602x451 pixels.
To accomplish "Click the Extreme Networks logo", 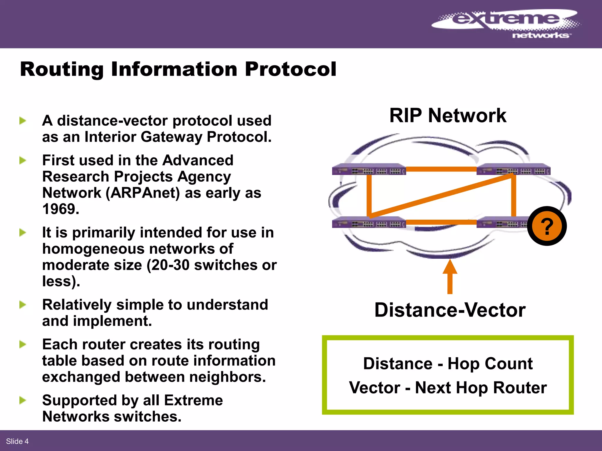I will pos(506,23).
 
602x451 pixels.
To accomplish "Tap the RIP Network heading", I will pos(448,115).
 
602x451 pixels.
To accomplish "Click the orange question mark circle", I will pos(547,226).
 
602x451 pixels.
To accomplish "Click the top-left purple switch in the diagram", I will pos(369,170).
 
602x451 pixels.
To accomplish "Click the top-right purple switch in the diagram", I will pos(513,170).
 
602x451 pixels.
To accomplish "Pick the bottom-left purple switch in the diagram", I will pos(369,223).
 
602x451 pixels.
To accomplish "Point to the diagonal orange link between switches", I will pos(441,195).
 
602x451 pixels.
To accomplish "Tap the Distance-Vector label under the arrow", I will pos(450,310).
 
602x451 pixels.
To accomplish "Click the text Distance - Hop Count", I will pos(448,364).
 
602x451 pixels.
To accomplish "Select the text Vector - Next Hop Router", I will pos(448,388).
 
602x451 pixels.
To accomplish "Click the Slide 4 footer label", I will pos(17,441).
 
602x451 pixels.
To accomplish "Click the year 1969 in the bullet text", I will pos(60,209).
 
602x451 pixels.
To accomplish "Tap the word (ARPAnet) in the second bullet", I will pos(143,193).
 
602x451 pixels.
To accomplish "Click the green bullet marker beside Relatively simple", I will pos(23,305).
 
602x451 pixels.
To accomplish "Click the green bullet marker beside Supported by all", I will pos(23,400).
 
